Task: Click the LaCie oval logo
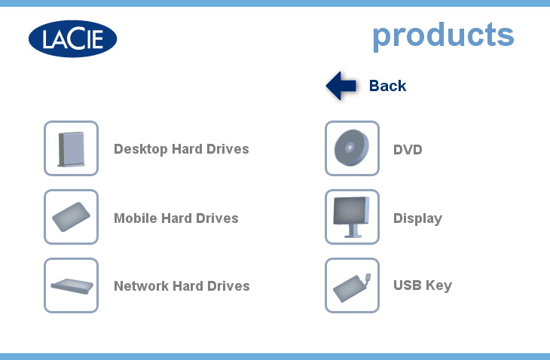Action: coord(72,38)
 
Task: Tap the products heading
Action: coord(443,35)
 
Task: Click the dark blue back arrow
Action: coord(341,86)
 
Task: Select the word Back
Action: coord(387,86)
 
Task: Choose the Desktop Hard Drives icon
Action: coord(72,148)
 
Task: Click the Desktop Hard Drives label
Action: coord(182,149)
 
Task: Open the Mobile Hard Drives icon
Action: coord(72,217)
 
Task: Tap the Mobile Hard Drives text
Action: coord(176,218)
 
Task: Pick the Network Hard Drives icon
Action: coord(72,285)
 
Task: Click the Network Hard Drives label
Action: coord(182,286)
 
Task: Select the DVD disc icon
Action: coord(352,148)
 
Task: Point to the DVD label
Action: coord(408,150)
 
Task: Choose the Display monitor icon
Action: coord(352,217)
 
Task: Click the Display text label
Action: coord(417,218)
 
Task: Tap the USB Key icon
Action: coord(352,285)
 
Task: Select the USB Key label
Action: coord(423,285)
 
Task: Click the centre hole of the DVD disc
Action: coord(350,148)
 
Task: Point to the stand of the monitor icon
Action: coord(353,231)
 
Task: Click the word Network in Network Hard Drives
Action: coord(142,286)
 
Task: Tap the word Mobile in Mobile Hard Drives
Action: coord(136,218)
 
